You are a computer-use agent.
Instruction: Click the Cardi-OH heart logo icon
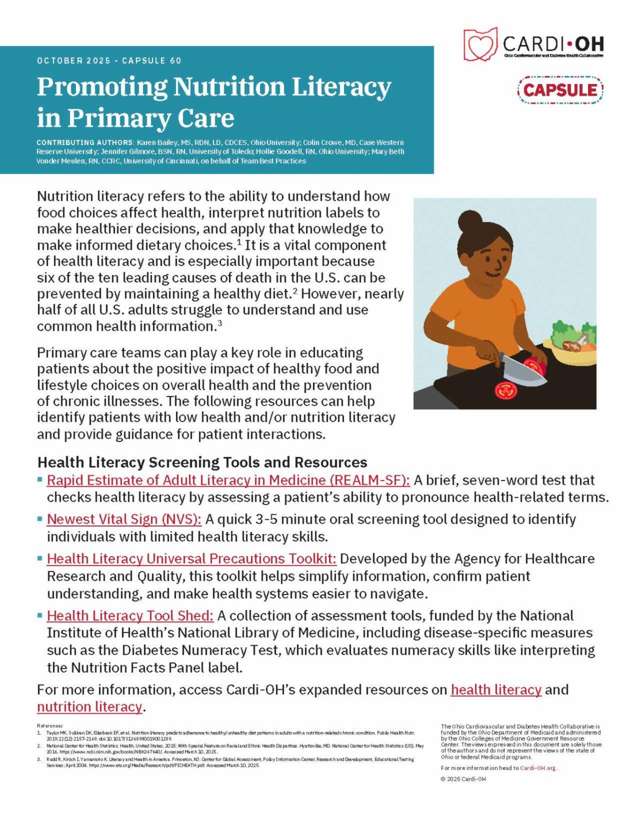tap(480, 43)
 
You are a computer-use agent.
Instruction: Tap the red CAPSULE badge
tap(560, 89)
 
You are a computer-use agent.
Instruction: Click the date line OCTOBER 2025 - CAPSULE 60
tap(109, 60)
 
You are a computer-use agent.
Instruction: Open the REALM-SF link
tap(228, 480)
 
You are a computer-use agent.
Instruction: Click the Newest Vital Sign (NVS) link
tap(124, 519)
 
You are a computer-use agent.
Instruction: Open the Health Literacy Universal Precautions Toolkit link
tap(192, 559)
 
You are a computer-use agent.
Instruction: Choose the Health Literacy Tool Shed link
tap(130, 616)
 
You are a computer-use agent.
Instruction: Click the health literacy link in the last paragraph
tap(496, 690)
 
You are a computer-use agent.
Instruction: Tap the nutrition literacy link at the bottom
tap(89, 707)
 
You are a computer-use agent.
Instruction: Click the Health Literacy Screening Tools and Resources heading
tap(202, 462)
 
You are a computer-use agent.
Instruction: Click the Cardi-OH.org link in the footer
tap(538, 768)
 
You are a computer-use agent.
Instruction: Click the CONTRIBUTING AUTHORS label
tap(85, 143)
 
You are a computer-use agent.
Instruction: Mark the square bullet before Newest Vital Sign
tap(40, 519)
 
